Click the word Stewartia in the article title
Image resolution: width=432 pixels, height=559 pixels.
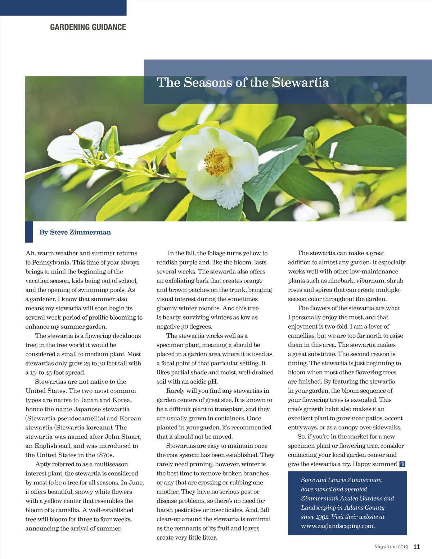[300, 82]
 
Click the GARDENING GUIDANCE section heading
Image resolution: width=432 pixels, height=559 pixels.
[88, 27]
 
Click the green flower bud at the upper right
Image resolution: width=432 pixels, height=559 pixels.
[311, 135]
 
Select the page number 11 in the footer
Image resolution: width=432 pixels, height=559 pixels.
[417, 546]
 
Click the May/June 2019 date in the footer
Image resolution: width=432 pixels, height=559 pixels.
[391, 546]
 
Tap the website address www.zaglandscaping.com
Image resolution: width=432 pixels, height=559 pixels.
[338, 526]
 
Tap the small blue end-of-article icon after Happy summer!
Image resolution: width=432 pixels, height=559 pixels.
[402, 464]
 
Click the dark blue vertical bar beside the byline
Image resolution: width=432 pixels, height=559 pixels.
[29, 232]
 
